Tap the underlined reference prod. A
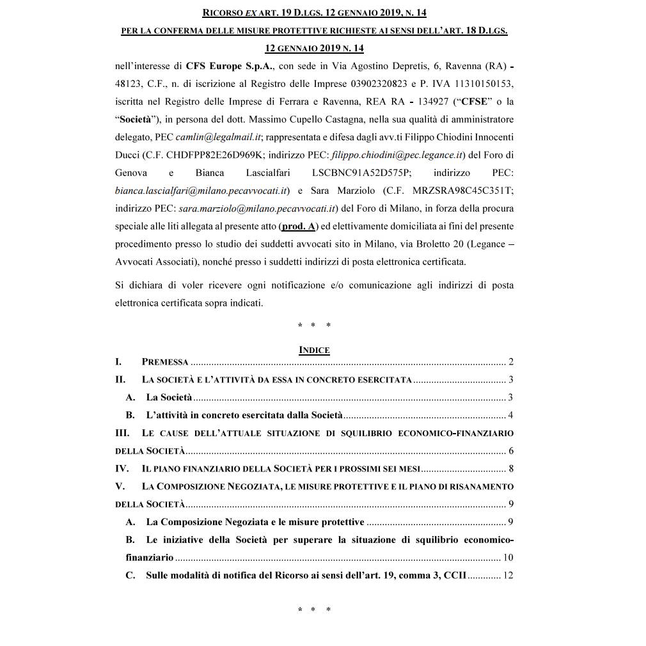click(x=299, y=226)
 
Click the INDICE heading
click(x=314, y=350)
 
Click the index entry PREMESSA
click(x=165, y=362)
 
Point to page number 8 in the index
click(x=510, y=468)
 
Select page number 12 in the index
click(x=508, y=575)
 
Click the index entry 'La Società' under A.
click(x=169, y=397)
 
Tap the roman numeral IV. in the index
click(x=122, y=468)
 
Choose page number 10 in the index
click(x=508, y=557)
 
